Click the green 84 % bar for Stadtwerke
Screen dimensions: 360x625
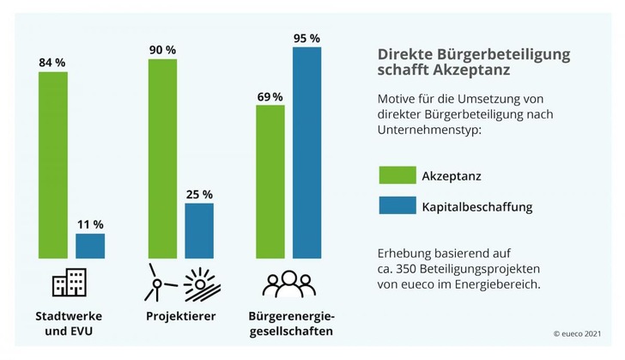(x=52, y=164)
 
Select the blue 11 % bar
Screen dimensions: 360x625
(x=90, y=246)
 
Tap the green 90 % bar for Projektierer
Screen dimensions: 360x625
(x=162, y=158)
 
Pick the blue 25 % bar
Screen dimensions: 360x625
(x=199, y=230)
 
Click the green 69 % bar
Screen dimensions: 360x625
(x=270, y=181)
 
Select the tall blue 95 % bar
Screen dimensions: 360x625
(x=306, y=152)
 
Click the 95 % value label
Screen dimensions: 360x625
(x=306, y=38)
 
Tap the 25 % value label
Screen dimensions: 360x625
(x=199, y=194)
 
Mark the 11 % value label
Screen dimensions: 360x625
(x=90, y=224)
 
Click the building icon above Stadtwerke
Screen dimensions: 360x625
(x=70, y=283)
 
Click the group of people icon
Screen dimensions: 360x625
(x=288, y=284)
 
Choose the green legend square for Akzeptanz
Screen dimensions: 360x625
(x=391, y=175)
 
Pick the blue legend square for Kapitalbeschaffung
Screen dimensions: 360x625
(x=391, y=207)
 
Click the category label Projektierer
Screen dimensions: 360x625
(x=180, y=316)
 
